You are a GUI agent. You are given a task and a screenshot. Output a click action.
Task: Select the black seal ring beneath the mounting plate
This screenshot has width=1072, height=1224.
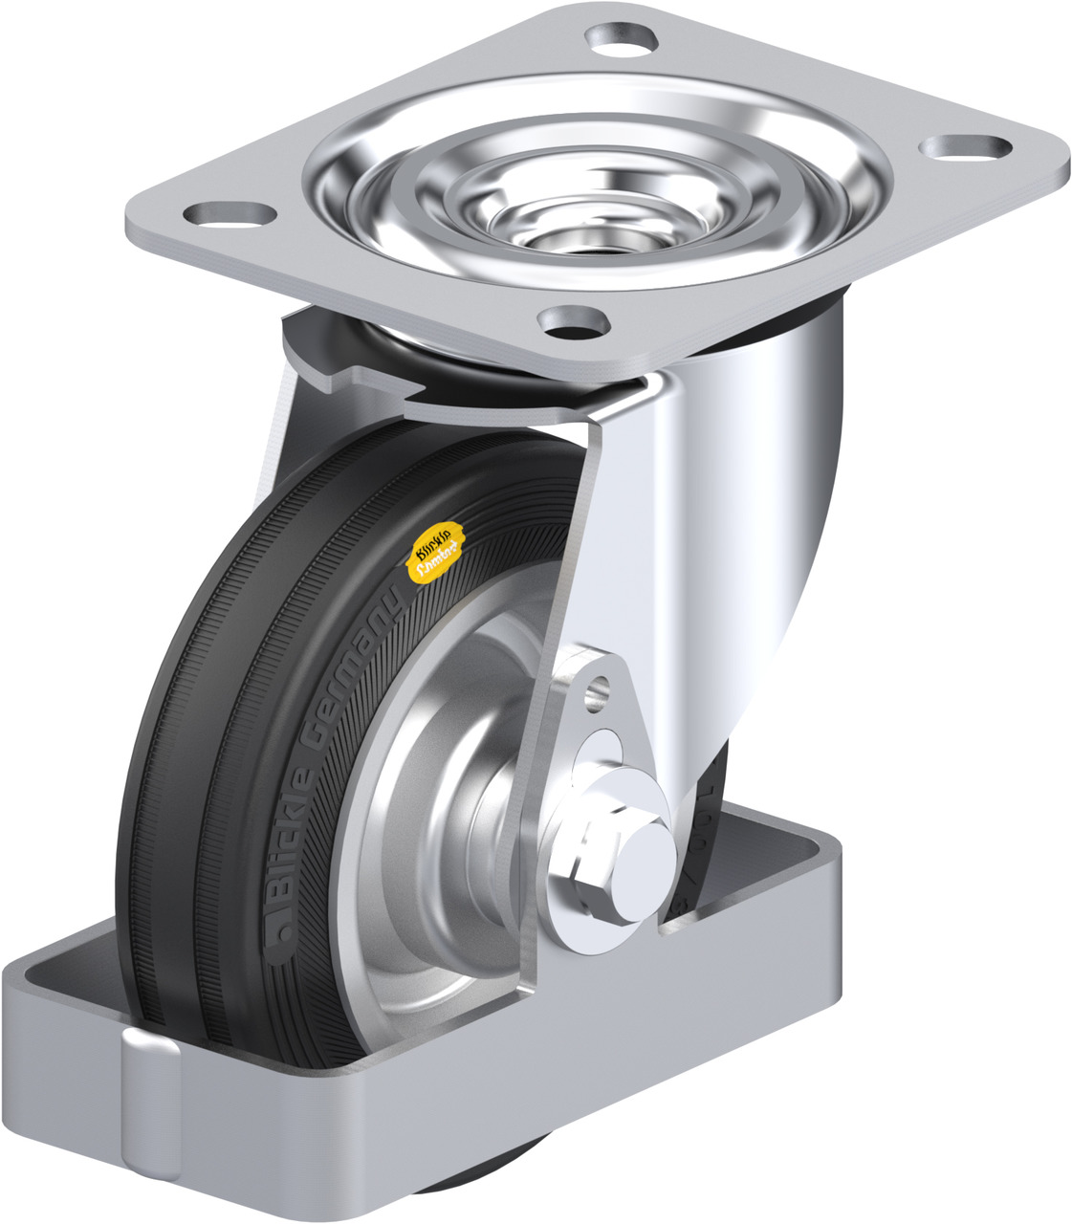coord(402,354)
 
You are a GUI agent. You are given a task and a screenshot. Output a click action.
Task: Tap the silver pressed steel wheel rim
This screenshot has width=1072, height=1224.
coord(402,861)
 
